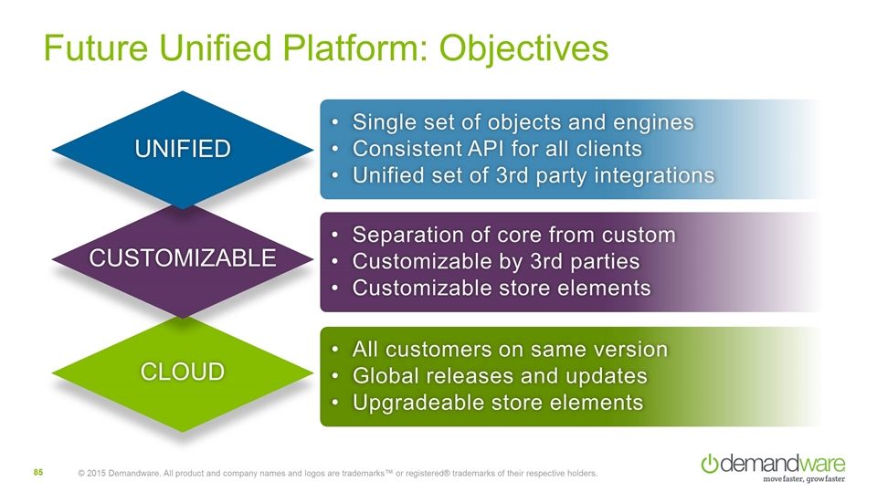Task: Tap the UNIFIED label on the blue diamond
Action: click(184, 148)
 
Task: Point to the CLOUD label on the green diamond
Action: click(184, 372)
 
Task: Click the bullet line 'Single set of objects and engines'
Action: click(523, 122)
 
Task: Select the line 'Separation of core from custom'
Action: click(514, 236)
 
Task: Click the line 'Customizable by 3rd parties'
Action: click(495, 261)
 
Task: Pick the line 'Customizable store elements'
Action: click(502, 288)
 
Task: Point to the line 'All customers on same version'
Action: click(510, 350)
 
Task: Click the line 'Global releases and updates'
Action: click(500, 375)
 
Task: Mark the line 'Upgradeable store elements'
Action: click(497, 402)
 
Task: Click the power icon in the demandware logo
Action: click(709, 463)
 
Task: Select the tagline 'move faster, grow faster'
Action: click(803, 479)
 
